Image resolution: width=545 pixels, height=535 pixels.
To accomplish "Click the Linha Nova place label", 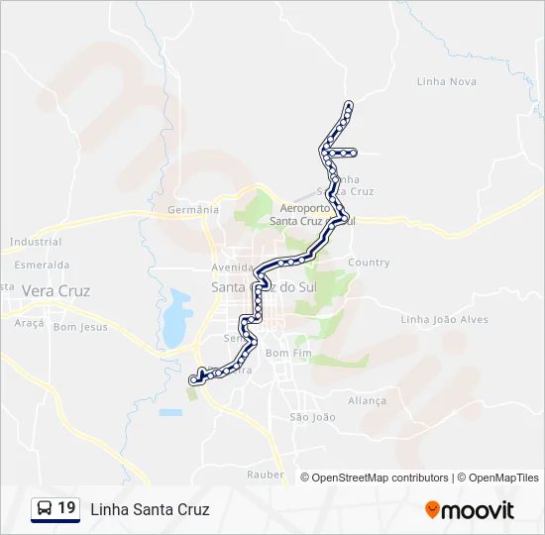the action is coord(447,81).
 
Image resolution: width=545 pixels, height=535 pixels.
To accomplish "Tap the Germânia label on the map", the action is coord(192,210).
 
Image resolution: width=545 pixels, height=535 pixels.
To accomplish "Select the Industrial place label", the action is coord(36,242).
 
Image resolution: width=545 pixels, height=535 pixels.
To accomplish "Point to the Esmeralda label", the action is coord(42,266).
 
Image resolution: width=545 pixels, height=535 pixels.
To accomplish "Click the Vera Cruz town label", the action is coord(55,291).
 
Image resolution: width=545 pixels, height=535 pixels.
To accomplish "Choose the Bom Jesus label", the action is coord(80,327).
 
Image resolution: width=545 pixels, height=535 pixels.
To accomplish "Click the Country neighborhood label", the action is coord(369,263).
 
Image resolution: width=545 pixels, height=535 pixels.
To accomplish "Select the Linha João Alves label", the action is coord(444,319).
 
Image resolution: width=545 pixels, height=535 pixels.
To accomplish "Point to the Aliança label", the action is coord(367,400).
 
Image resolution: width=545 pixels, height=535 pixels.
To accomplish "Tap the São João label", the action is coord(312,417).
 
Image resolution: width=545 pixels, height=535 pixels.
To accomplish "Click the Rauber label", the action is coord(265,476).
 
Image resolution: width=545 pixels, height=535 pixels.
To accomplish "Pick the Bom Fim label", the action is coord(288,353).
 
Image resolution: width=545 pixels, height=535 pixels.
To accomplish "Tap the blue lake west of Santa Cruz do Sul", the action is coord(176,318).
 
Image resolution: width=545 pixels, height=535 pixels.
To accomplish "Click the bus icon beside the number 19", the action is coord(45,509).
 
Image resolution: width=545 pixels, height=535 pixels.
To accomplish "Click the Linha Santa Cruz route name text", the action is coord(150,510).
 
